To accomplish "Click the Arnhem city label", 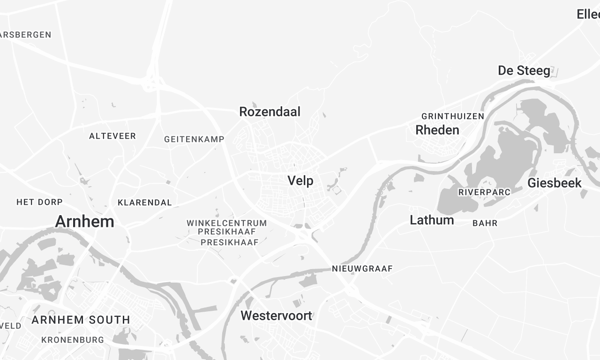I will (85, 221).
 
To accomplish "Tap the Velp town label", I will (301, 181).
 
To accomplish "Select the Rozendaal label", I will (270, 112).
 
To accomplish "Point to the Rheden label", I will (437, 130).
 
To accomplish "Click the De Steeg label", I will (524, 70).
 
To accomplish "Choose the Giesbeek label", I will (554, 183).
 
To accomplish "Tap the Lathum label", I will (432, 219).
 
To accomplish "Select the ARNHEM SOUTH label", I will (80, 320).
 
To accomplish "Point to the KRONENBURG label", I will (73, 340).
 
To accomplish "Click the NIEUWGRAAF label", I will (361, 269).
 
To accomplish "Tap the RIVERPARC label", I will (485, 191).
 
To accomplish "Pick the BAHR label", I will (485, 223).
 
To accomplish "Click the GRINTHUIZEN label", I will (453, 116).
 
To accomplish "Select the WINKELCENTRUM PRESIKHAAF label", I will (227, 227).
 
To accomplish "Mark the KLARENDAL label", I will (144, 202).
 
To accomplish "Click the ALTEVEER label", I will (112, 135).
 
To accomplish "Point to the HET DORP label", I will (40, 202).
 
